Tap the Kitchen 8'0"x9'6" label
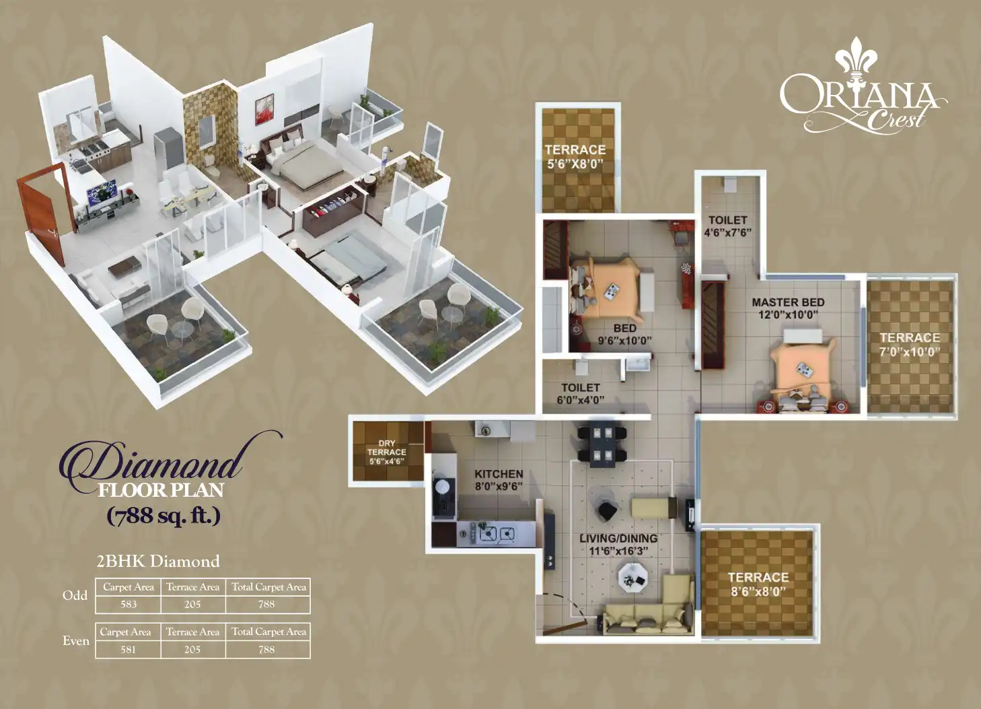[499, 480]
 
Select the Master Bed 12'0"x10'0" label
[788, 308]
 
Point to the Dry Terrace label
[387, 452]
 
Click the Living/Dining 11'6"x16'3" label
[618, 544]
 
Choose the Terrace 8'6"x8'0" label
[758, 584]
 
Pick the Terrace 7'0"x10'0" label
[909, 344]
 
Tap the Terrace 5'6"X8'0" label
[575, 156]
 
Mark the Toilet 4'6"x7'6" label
[727, 226]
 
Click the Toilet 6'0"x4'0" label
[580, 394]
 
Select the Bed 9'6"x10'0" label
[624, 334]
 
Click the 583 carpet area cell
[129, 605]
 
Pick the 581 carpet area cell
[128, 650]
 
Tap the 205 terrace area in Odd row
[192, 605]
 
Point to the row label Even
[76, 641]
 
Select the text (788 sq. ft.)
[163, 516]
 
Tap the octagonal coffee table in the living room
[632, 575]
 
